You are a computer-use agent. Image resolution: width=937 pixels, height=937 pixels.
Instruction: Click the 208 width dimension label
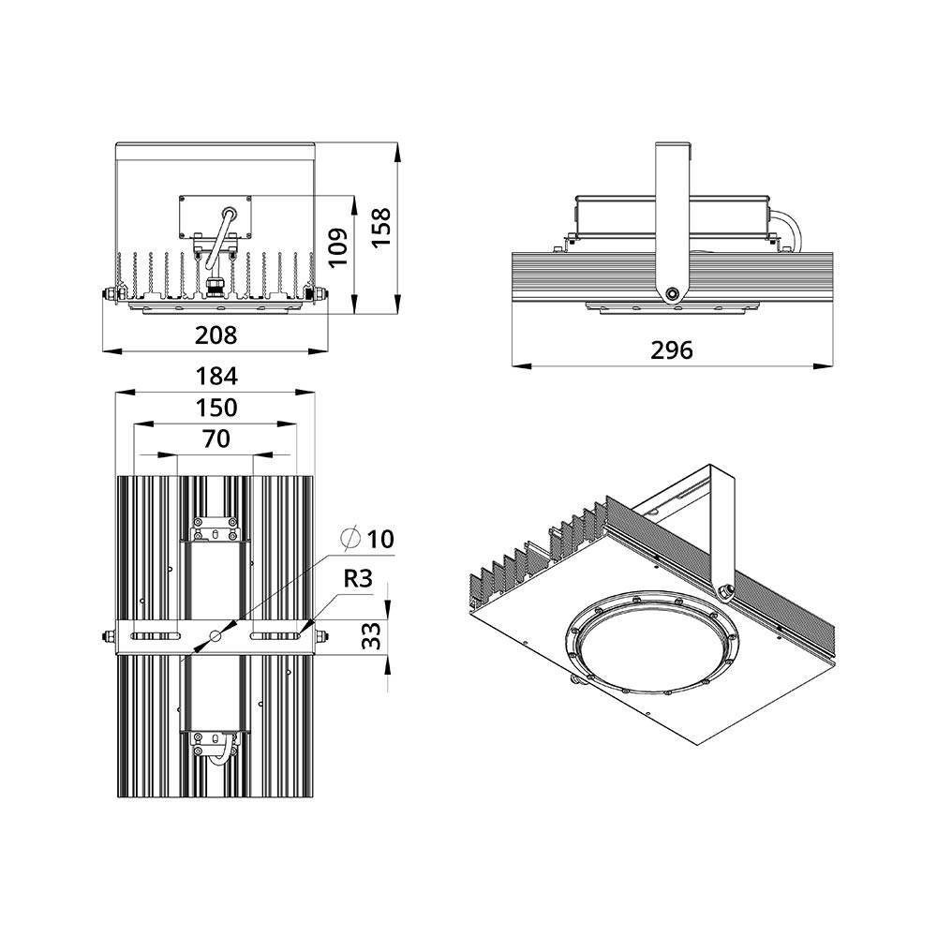[216, 335]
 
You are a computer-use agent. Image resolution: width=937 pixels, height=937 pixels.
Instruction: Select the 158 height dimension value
[380, 227]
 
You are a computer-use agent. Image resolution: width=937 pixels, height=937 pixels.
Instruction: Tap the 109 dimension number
[337, 246]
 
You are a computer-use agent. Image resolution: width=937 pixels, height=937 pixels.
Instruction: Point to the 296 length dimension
[672, 350]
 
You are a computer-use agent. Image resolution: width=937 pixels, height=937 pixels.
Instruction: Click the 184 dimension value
[216, 377]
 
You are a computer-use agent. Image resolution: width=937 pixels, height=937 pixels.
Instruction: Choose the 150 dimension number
[216, 409]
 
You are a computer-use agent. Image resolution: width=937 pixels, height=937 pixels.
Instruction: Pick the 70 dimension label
[216, 439]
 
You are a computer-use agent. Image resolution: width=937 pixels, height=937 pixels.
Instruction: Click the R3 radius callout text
[358, 578]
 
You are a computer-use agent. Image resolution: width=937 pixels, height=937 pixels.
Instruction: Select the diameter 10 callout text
[367, 539]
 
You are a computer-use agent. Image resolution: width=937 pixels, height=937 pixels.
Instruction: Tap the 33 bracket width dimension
[372, 635]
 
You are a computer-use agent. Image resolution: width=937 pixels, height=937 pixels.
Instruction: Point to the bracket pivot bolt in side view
[673, 293]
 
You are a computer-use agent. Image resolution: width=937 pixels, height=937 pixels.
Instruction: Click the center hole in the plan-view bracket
[216, 636]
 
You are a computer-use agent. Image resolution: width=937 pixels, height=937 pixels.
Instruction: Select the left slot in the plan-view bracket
[156, 636]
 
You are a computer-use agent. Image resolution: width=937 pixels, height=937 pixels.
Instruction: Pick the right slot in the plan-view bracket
[275, 636]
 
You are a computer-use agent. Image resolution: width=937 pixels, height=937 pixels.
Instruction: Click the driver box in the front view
[216, 217]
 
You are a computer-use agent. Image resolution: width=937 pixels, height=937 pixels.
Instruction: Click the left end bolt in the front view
[112, 294]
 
